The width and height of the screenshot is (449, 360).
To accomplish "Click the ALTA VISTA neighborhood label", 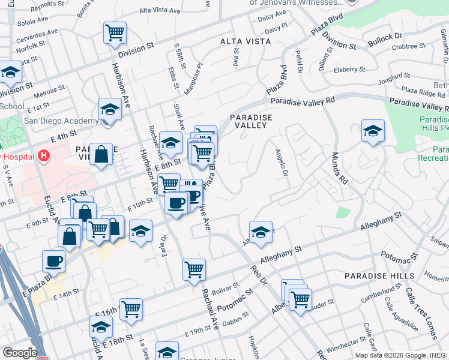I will point(246,41).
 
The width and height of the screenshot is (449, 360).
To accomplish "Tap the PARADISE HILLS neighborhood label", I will point(379,275).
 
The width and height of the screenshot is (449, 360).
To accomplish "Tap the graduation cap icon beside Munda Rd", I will point(373,131).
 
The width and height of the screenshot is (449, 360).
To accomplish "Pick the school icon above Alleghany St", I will point(261,232).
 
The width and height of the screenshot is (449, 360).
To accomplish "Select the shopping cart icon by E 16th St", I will point(131,310).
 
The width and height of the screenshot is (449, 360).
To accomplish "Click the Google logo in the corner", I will point(19,353).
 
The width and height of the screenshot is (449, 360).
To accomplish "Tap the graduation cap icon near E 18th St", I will point(101,327).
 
